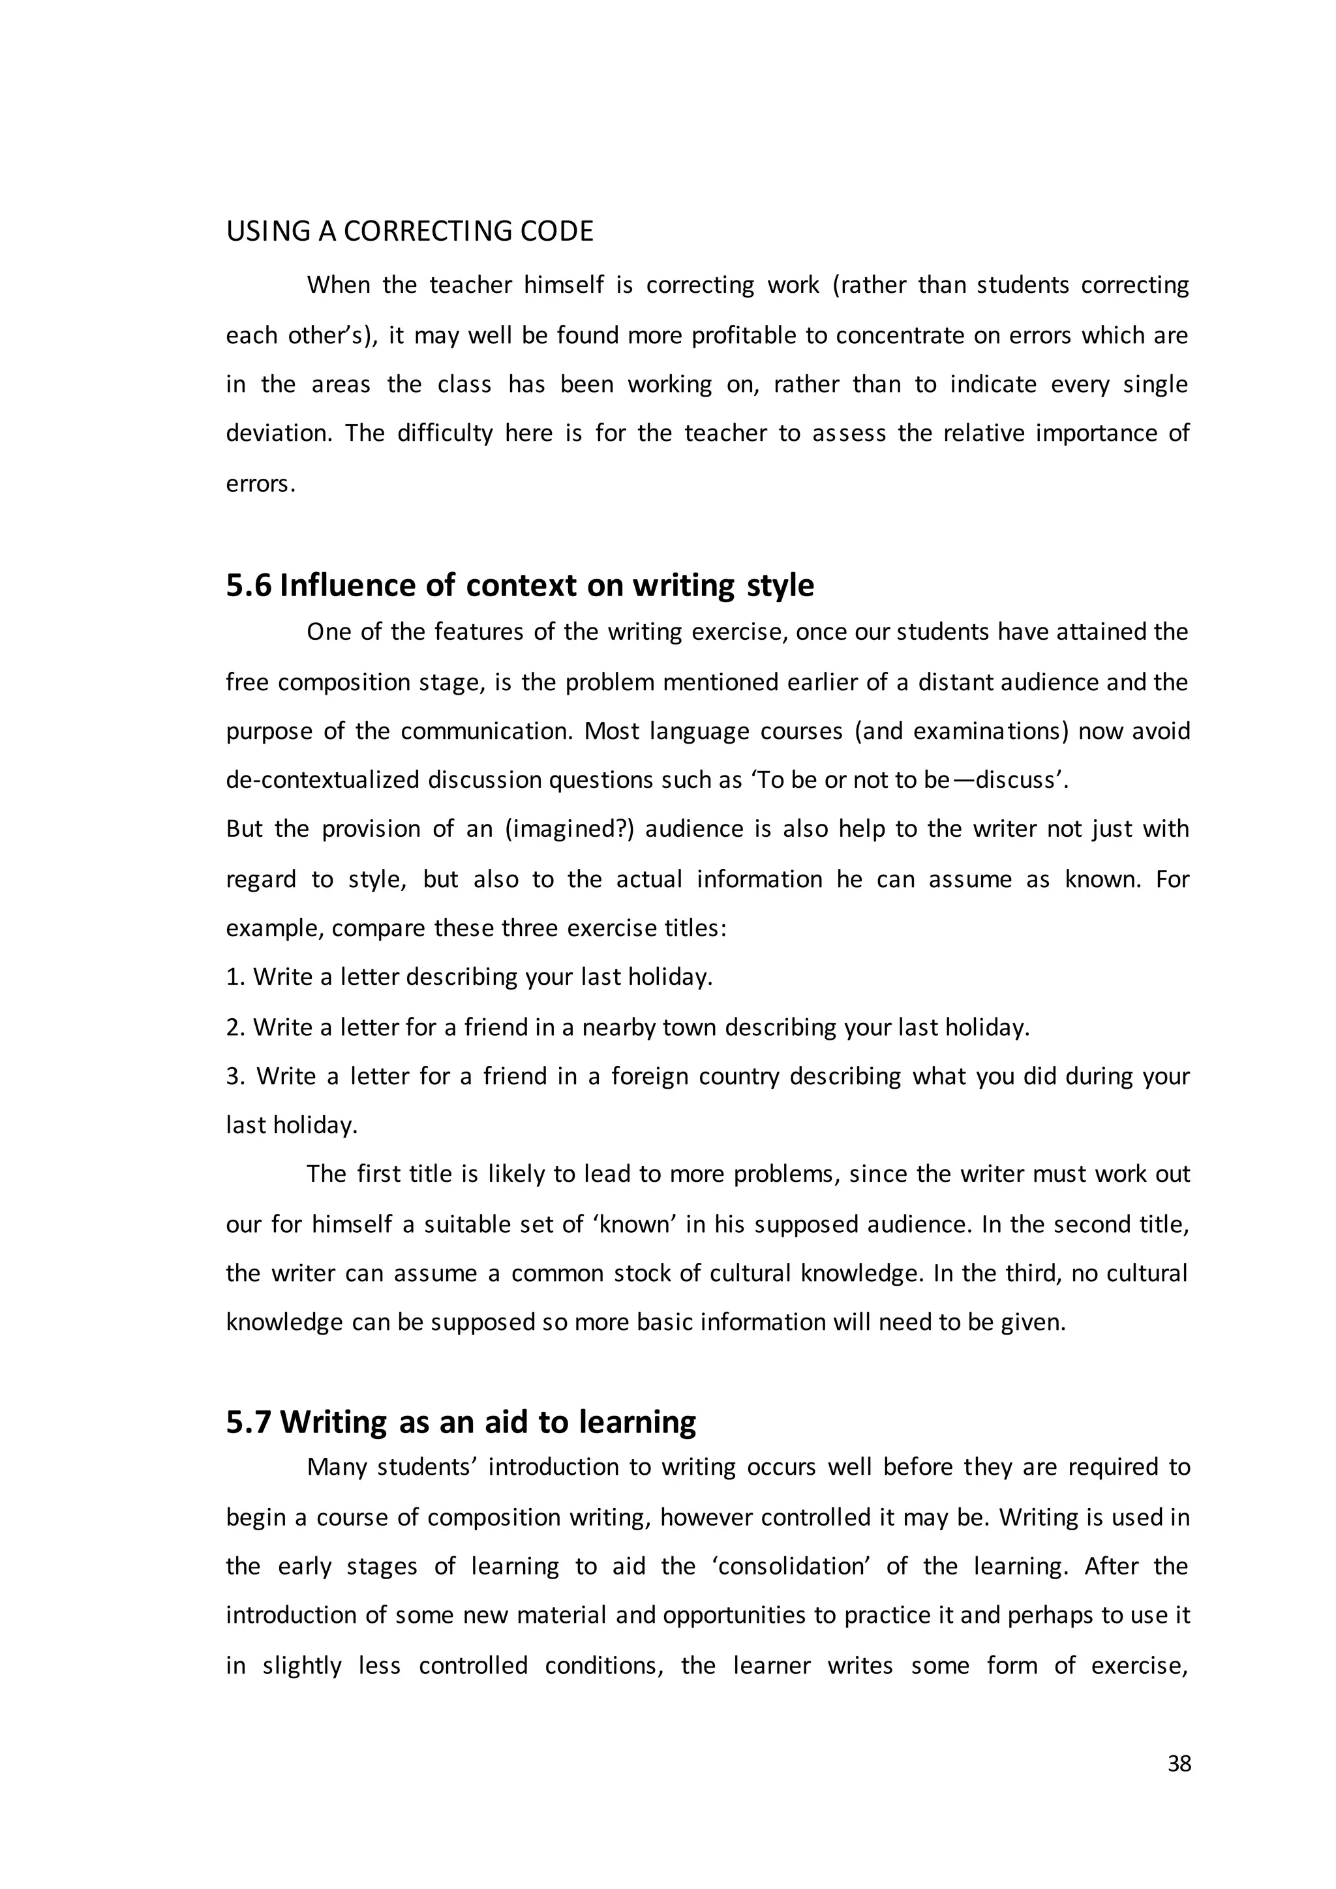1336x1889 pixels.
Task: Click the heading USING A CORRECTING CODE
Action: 409,231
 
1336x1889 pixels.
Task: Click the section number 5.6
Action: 249,585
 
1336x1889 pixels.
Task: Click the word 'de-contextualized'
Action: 322,780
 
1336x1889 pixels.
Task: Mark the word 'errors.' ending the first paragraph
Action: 260,484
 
